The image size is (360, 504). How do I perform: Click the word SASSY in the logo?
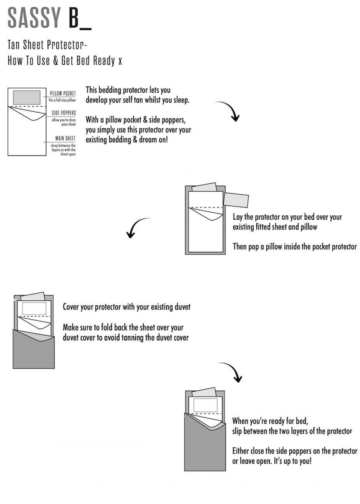34,18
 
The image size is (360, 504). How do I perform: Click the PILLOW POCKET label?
63,93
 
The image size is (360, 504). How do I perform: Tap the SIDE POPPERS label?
64,113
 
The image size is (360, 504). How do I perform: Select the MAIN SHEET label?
65,138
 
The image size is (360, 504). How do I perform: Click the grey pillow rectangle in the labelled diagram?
26,97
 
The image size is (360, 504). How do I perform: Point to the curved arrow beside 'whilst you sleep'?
229,111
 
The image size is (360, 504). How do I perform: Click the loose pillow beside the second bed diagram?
236,200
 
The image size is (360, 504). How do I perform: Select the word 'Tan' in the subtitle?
14,45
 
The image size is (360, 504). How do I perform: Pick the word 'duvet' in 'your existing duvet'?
181,307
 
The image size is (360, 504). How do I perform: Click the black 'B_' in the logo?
79,18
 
